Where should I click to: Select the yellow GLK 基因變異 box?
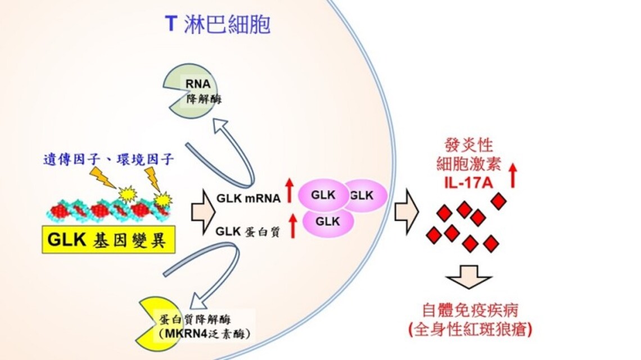click(x=109, y=240)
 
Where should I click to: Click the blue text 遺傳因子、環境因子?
click(x=109, y=159)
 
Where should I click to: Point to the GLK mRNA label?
click(x=249, y=199)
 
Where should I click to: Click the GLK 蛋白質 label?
click(x=248, y=232)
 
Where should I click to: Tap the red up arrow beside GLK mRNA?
click(x=290, y=190)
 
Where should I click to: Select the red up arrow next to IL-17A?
click(x=513, y=175)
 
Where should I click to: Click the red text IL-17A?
click(x=469, y=182)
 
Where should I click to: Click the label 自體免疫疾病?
click(x=470, y=310)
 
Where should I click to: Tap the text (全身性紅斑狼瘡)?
click(x=470, y=329)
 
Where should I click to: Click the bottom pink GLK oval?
click(x=328, y=222)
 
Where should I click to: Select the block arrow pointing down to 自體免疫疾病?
click(x=468, y=277)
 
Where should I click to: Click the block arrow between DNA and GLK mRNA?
click(x=203, y=212)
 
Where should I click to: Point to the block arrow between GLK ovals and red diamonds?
click(x=407, y=212)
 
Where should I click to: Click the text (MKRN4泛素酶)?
click(x=204, y=334)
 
